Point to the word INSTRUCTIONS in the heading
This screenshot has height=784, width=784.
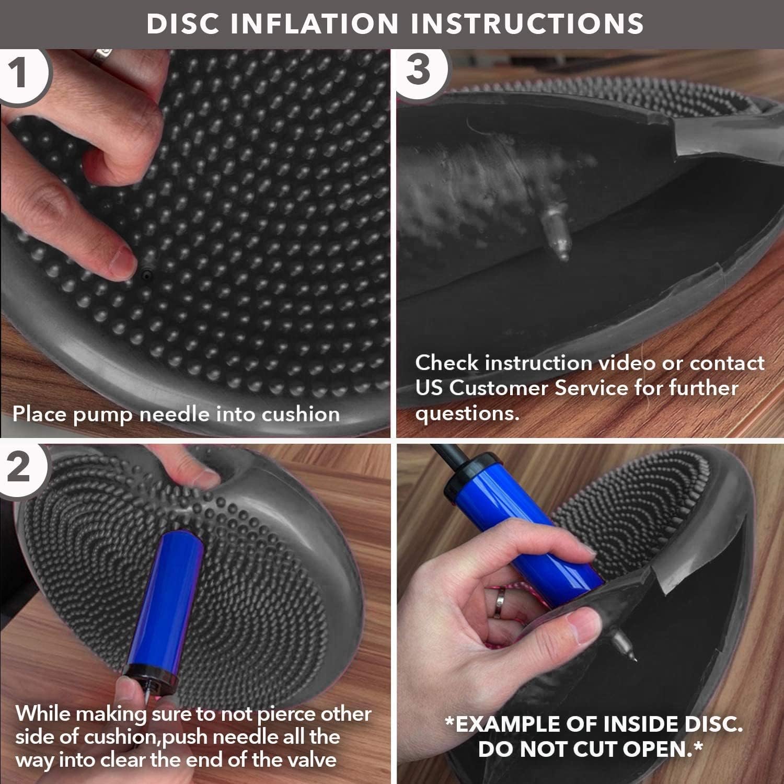point(529,24)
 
